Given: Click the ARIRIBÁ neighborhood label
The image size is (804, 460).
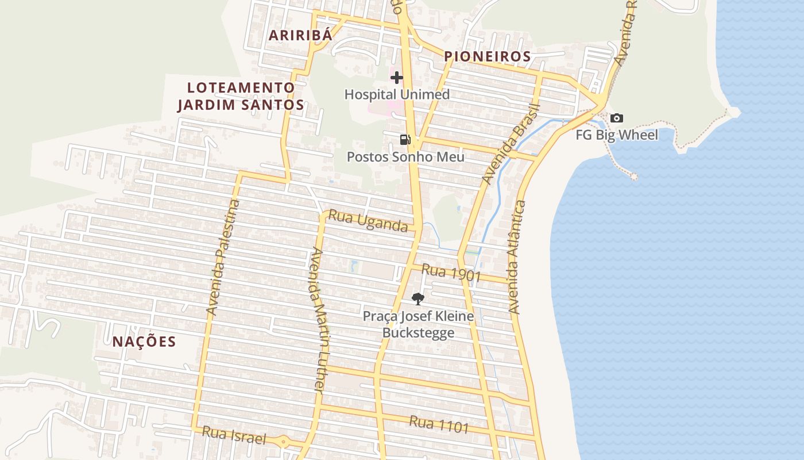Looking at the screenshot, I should pyautogui.click(x=300, y=35).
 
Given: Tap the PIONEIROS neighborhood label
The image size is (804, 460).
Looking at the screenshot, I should pyautogui.click(x=487, y=56).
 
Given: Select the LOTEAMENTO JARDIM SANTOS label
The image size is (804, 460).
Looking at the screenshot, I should pyautogui.click(x=241, y=96).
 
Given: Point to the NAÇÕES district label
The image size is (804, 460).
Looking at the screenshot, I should pyautogui.click(x=144, y=342).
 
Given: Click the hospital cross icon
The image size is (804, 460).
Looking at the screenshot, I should pyautogui.click(x=397, y=78).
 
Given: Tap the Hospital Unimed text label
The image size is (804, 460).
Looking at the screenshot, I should pyautogui.click(x=397, y=94).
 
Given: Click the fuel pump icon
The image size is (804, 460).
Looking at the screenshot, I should pyautogui.click(x=405, y=139).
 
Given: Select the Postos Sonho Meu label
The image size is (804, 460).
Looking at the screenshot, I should pyautogui.click(x=405, y=156).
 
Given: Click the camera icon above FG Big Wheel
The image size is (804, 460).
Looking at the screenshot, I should pyautogui.click(x=617, y=118).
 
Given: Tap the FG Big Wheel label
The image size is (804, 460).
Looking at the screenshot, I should pyautogui.click(x=617, y=136).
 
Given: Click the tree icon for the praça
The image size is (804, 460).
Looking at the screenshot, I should pyautogui.click(x=418, y=298).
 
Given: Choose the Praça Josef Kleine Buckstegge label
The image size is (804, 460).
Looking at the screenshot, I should pyautogui.click(x=418, y=324).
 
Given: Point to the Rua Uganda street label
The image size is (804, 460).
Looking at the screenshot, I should pyautogui.click(x=368, y=222).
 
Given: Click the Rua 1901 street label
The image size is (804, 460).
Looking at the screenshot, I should pyautogui.click(x=451, y=273).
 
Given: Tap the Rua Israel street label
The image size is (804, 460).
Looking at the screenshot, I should pyautogui.click(x=234, y=435).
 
